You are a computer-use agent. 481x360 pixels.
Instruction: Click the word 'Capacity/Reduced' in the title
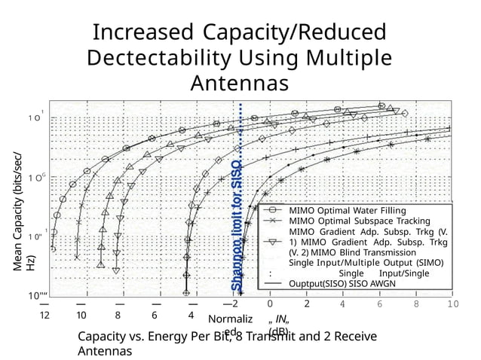293,33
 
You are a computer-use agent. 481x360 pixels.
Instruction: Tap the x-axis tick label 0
270,304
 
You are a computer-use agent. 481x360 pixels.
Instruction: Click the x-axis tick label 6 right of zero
379,304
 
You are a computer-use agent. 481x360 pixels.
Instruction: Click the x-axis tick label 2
307,304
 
